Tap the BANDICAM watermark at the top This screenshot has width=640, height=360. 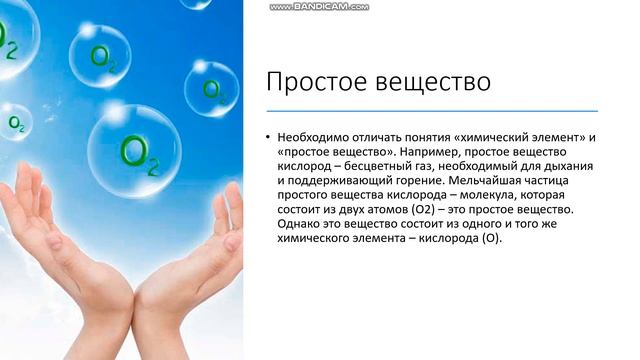point(319,7)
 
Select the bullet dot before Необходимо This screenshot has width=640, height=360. point(268,136)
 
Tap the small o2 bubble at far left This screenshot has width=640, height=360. point(17,123)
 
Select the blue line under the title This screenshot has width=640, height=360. point(431,110)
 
